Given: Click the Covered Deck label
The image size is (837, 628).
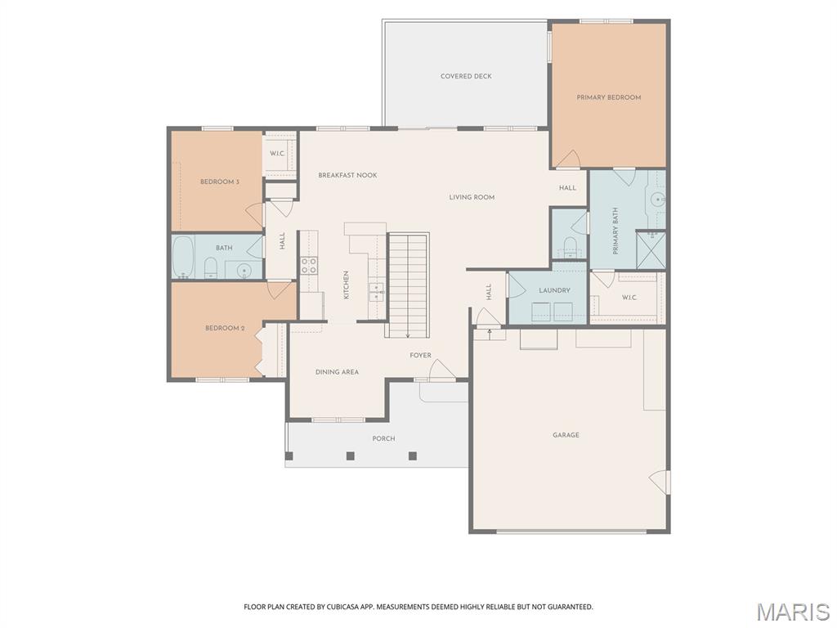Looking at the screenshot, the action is pos(466,76).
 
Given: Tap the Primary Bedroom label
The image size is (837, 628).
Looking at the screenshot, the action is pos(608,98).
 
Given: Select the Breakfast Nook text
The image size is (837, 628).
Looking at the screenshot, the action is pos(347,175).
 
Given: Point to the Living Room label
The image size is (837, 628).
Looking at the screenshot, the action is pos(472,197).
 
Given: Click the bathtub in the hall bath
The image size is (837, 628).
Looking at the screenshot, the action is pos(183,258).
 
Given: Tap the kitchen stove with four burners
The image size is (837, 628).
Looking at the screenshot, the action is pos(308,266).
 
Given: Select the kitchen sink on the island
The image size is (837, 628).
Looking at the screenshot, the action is pos(376,292).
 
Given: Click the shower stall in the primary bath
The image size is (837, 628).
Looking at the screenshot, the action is pos(651,249).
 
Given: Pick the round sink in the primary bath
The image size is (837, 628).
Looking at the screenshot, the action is pos(658,200).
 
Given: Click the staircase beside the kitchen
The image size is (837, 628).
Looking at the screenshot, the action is pos(408,285).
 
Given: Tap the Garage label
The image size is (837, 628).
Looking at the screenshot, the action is pos(566,435).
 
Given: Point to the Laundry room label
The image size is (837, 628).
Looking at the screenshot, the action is pos(555,290).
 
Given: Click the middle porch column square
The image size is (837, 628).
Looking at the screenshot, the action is pos(350,456).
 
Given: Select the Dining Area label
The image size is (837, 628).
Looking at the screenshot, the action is pos(337,372).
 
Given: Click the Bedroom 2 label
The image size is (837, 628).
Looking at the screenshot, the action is pos(225,328).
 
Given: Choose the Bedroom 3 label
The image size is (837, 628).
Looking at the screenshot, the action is pos(219,182).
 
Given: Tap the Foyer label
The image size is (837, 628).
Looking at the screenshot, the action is pos(420,356).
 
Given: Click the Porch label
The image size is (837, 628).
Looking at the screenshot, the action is pos(383,439).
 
